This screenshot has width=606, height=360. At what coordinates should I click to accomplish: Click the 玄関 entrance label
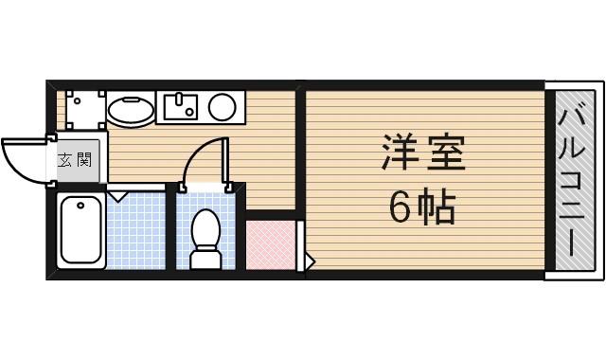pos(75,158)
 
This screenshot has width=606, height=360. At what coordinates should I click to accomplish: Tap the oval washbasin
pos(131,111)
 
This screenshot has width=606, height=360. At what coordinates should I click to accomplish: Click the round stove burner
pos(223,106)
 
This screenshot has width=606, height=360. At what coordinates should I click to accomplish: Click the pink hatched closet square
pos(270,245)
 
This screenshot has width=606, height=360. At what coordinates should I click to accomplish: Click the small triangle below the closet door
pos(309,259)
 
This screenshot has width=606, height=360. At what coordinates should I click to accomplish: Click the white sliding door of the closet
pos(299,244)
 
